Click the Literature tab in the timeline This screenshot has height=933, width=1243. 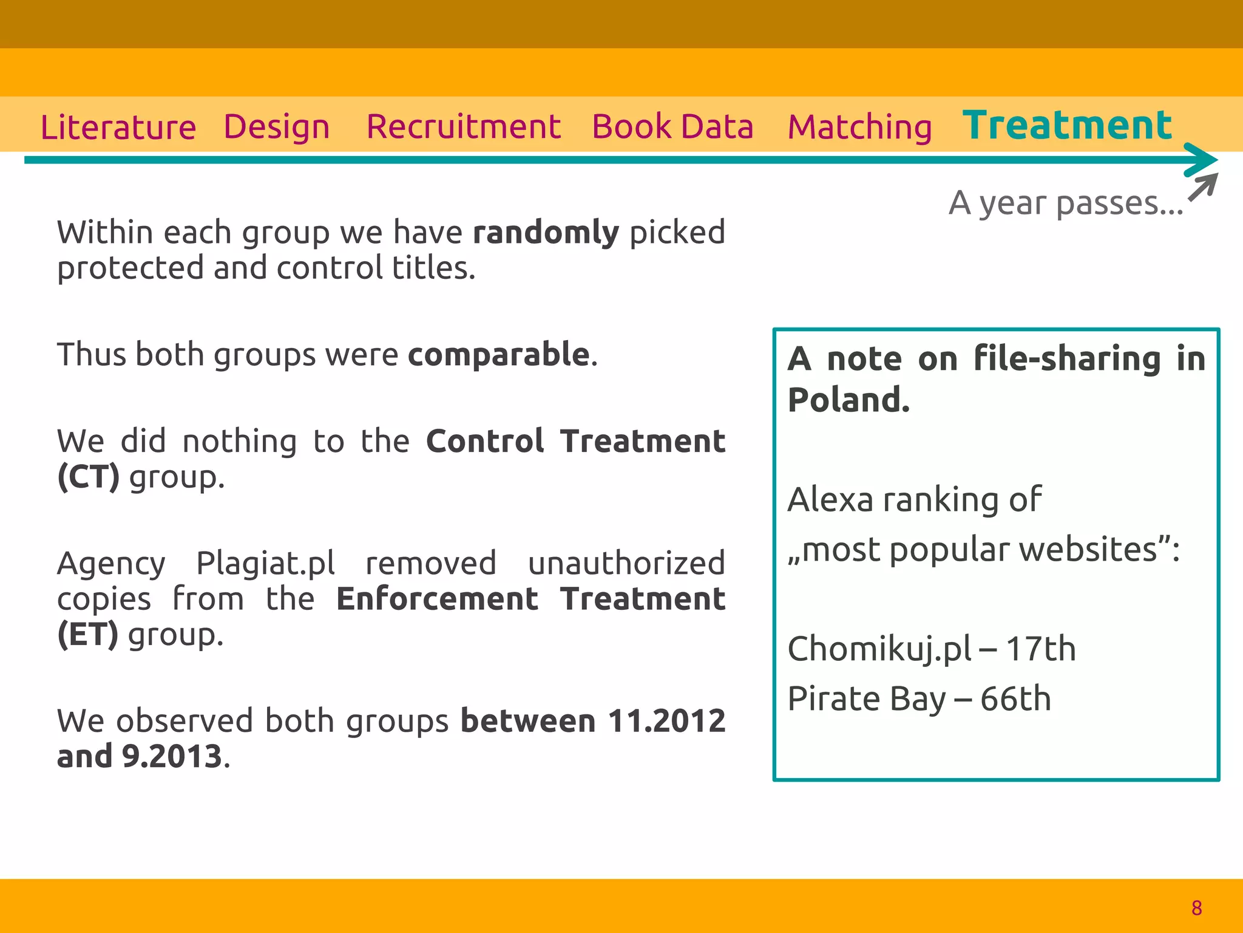click(118, 128)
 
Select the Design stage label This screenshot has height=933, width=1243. click(277, 128)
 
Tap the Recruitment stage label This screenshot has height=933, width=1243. click(463, 127)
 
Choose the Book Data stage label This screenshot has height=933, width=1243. click(672, 127)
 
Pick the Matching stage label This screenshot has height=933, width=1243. click(859, 128)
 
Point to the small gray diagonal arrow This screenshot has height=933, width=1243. click(1202, 186)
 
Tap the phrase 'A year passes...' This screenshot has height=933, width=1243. click(1066, 203)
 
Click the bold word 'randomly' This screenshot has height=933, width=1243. click(546, 233)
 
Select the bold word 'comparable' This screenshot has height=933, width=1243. click(498, 354)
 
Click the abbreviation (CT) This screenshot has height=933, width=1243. click(88, 477)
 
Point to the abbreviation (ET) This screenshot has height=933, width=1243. click(87, 635)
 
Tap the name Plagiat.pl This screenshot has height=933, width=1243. click(265, 563)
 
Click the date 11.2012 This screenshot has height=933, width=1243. click(666, 721)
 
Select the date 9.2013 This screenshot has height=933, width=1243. click(172, 756)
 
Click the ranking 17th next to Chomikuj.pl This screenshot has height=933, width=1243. click(1040, 649)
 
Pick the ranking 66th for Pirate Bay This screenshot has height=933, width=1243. click(1015, 699)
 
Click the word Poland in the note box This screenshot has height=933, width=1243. click(848, 400)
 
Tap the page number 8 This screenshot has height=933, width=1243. click(1196, 908)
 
